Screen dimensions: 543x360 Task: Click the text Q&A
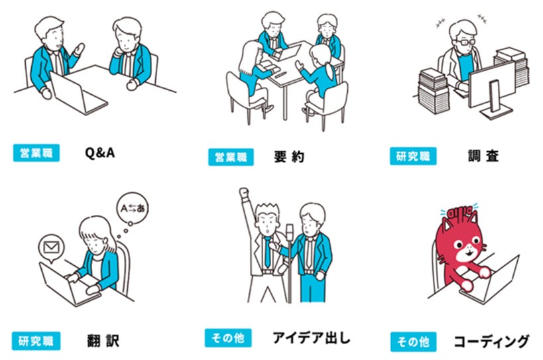pyautogui.click(x=99, y=153)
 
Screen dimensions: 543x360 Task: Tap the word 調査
pyautogui.click(x=481, y=156)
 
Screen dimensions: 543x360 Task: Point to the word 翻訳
pyautogui.click(x=103, y=341)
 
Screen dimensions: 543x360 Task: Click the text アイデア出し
pyautogui.click(x=311, y=337)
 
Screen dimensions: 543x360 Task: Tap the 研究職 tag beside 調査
pyautogui.click(x=410, y=156)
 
